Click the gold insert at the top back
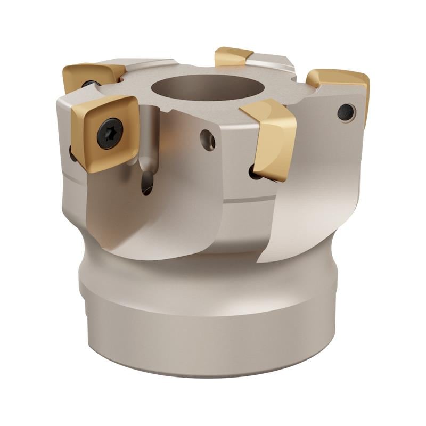point(233,56)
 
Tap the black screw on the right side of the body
point(346,112)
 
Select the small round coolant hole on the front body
point(208,140)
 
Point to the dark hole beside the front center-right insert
point(254,171)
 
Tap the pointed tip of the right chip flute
point(259,261)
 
